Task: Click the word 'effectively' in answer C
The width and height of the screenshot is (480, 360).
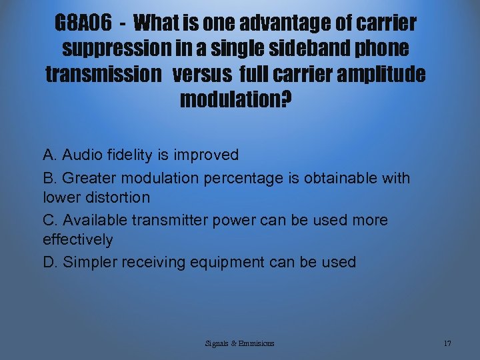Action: pos(77,239)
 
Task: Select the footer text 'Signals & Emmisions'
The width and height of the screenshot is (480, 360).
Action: pos(240,343)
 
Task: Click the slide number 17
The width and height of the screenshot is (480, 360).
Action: pos(447,343)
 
